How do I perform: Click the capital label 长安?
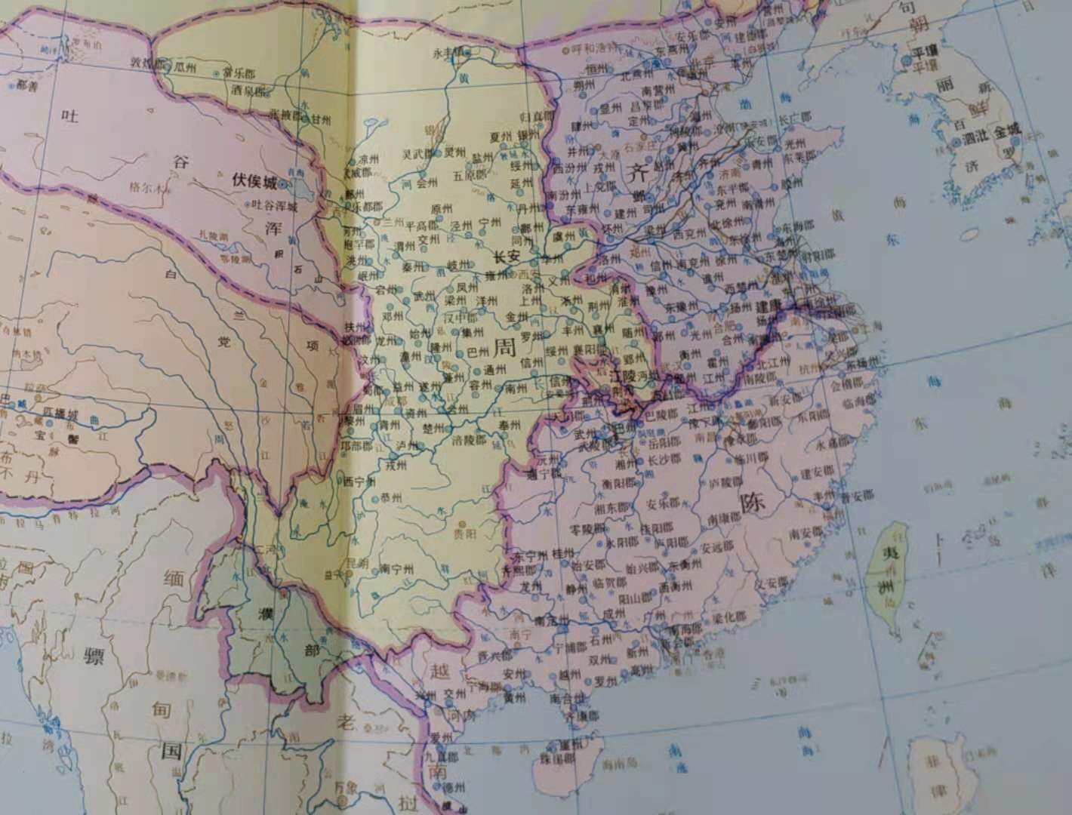[507, 257]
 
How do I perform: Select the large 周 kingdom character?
[505, 349]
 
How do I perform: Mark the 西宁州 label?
[359, 481]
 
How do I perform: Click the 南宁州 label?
[395, 568]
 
